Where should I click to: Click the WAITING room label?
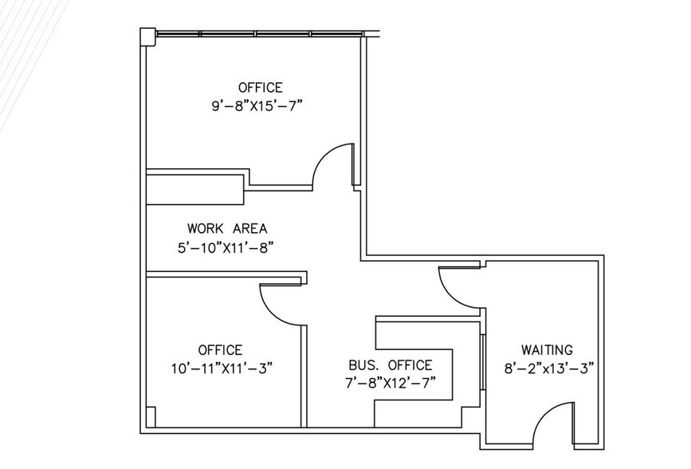(x=547, y=349)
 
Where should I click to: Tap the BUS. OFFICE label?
(x=391, y=365)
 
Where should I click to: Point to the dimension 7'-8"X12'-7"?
(x=391, y=383)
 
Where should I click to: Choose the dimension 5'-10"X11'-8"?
(x=227, y=247)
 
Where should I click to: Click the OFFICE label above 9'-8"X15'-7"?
(x=260, y=87)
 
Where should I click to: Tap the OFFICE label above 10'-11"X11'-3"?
(x=220, y=349)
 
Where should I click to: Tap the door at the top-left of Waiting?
(x=457, y=286)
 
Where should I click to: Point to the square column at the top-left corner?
(x=147, y=36)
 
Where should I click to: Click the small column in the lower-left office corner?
(x=151, y=418)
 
